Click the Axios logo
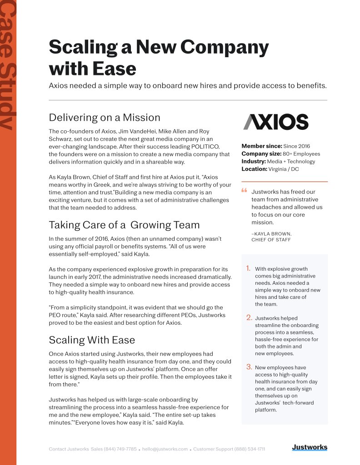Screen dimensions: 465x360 tap(275, 122)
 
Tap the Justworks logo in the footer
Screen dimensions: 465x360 tap(309, 448)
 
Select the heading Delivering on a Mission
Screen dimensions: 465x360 tap(104, 118)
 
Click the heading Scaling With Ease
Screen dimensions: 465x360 tap(91, 340)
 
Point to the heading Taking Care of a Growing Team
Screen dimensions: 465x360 tap(124, 225)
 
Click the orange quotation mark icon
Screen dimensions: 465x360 tap(244, 191)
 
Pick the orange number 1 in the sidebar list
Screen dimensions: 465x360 tap(248, 268)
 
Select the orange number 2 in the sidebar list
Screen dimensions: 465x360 tap(249, 317)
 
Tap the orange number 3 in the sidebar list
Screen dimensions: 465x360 tap(249, 366)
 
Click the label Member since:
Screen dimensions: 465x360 tap(261, 146)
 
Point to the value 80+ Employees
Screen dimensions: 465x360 tap(302, 154)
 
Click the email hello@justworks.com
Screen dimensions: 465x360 tap(165, 449)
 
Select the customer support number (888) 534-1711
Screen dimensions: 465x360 tap(250, 449)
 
